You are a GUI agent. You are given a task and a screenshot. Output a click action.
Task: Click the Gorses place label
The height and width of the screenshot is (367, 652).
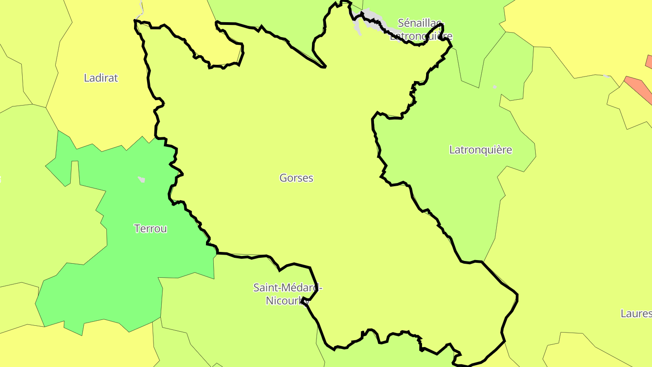pyautogui.click(x=296, y=178)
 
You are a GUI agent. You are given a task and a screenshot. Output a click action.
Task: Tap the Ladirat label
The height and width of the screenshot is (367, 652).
pyautogui.click(x=101, y=78)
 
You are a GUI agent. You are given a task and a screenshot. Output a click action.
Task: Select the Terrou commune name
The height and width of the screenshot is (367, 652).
pyautogui.click(x=150, y=229)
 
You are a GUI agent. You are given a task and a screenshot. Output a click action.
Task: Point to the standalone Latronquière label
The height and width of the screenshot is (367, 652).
pyautogui.click(x=480, y=150)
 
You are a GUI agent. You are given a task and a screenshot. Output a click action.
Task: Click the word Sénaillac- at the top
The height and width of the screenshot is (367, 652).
pyautogui.click(x=421, y=23)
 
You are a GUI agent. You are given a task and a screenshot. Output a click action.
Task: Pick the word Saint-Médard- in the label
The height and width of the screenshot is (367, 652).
pyautogui.click(x=288, y=288)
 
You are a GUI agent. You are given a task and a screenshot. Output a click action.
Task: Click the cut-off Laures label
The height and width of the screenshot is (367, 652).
pyautogui.click(x=636, y=314)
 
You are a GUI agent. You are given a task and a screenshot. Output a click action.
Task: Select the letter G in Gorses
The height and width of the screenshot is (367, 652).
pyautogui.click(x=283, y=178)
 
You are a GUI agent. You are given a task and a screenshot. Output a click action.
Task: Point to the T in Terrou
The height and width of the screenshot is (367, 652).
pyautogui.click(x=137, y=229)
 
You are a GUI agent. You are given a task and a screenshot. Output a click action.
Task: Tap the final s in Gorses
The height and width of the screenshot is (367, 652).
pyautogui.click(x=311, y=179)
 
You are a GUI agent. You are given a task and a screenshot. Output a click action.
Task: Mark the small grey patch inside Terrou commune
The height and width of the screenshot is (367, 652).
pyautogui.click(x=142, y=180)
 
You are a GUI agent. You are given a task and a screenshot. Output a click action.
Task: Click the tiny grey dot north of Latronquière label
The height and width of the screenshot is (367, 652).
pyautogui.click(x=495, y=87)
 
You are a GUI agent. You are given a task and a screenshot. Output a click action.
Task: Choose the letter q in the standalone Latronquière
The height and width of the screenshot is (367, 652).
pyautogui.click(x=487, y=150)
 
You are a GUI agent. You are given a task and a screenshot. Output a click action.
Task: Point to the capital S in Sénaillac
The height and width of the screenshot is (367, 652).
pyautogui.click(x=401, y=23)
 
